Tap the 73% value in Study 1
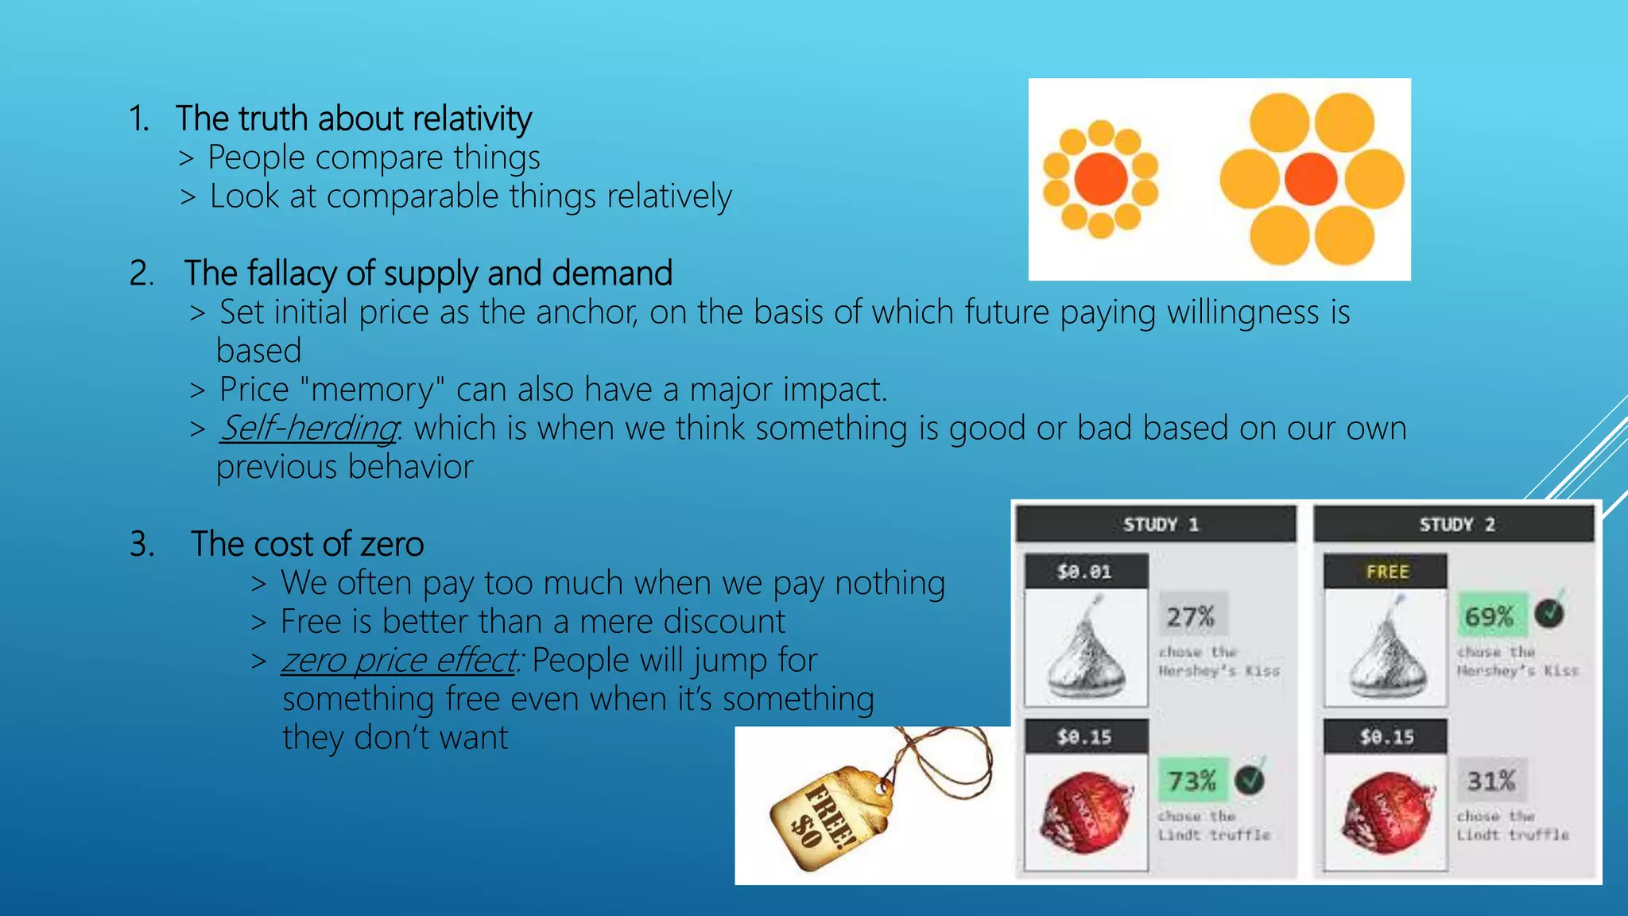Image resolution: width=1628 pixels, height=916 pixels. click(1192, 781)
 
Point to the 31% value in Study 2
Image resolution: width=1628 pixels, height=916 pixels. click(1490, 781)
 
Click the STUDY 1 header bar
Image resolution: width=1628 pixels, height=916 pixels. click(1157, 525)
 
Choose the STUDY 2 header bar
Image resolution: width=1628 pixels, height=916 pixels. click(1454, 525)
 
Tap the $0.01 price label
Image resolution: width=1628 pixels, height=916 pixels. click(1085, 572)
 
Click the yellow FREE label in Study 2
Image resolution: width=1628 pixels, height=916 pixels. click(1386, 572)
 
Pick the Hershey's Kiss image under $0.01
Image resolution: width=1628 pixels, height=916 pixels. click(1086, 648)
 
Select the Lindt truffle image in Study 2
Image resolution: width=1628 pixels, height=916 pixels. click(1386, 811)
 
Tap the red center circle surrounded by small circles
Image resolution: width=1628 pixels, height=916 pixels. click(1101, 179)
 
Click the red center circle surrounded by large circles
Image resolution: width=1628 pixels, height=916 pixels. click(1311, 179)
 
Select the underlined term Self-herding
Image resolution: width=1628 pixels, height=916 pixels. click(308, 429)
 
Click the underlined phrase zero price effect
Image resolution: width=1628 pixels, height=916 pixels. click(398, 661)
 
